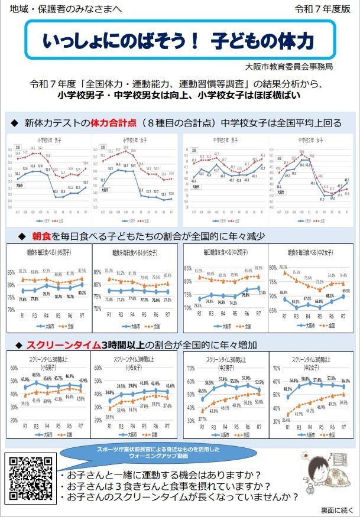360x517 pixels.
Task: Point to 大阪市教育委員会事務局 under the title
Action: [300, 66]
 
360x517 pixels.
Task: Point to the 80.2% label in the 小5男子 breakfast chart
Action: [82, 293]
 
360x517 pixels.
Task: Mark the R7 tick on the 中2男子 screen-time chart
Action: [258, 425]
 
